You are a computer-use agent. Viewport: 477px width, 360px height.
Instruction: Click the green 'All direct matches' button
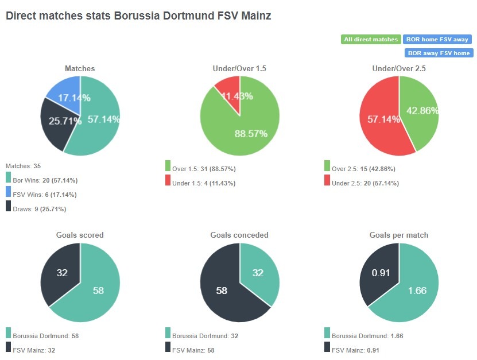371,40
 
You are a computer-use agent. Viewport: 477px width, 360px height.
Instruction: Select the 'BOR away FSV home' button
439,53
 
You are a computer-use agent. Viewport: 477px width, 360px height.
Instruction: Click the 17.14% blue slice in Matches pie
67,94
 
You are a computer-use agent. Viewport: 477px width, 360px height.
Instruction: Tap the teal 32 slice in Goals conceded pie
258,273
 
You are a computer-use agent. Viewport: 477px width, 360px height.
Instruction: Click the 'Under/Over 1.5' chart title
239,68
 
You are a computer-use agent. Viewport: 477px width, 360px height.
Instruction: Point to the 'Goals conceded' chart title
239,235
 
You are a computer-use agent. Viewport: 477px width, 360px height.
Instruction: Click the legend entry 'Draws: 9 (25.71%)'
38,209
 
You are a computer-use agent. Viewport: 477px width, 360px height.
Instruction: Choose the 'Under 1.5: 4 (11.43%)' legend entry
204,183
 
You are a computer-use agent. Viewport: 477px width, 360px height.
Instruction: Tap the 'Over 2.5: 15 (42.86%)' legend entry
363,169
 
